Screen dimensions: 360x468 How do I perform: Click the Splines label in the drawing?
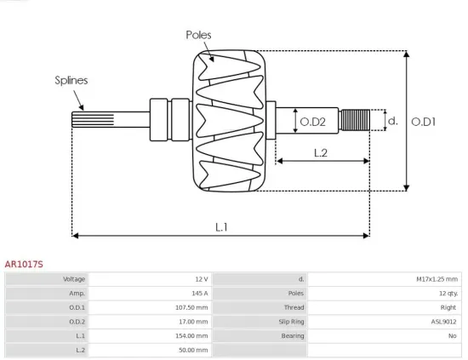click(x=71, y=80)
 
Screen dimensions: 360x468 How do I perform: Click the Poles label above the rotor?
click(x=198, y=35)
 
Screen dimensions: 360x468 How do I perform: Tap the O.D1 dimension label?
click(x=424, y=122)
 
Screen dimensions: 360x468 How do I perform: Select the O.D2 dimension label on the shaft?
click(x=313, y=122)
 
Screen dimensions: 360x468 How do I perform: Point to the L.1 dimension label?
click(x=221, y=226)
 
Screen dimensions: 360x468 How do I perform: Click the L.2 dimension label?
click(x=321, y=153)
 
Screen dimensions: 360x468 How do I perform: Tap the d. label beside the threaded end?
click(x=392, y=121)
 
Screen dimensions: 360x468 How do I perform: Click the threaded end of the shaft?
click(x=355, y=121)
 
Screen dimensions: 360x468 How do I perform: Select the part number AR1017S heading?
click(x=24, y=264)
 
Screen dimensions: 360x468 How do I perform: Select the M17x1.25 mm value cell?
click(x=437, y=279)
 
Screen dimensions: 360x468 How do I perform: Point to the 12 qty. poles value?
click(x=445, y=293)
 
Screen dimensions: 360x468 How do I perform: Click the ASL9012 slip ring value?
click(x=444, y=322)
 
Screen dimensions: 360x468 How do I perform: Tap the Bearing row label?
click(x=293, y=335)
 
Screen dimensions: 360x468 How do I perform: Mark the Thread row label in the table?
click(x=294, y=307)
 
